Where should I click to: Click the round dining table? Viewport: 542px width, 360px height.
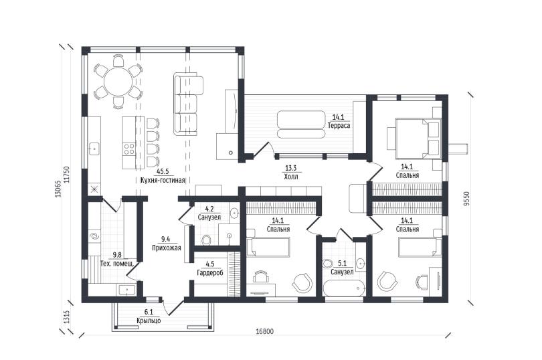pos(118,82)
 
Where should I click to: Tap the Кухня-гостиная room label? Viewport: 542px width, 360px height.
pos(163,180)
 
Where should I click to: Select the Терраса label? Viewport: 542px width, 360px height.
pos(339,126)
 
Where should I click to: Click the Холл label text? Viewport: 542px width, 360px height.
pos(290,177)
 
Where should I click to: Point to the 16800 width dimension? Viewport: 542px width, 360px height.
pos(265,332)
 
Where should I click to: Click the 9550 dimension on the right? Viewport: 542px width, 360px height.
pos(467,199)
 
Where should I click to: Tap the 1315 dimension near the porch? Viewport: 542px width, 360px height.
pos(67,317)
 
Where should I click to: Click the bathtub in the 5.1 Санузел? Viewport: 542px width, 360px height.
pos(344,288)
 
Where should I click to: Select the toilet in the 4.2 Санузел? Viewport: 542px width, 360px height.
pos(206,240)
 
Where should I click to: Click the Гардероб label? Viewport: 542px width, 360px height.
pos(210,273)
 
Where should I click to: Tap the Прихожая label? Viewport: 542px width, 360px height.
pos(167,248)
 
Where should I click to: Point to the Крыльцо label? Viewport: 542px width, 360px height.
pos(149,321)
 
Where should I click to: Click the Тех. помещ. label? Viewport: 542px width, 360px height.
pos(117,264)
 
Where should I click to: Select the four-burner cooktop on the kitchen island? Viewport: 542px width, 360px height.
pos(129,149)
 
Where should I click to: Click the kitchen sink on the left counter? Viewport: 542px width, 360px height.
pos(94,149)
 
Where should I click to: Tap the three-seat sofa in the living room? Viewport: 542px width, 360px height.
pos(189,104)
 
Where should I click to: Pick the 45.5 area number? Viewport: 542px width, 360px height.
pos(163,171)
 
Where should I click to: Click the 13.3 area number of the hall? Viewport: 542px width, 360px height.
pos(290,169)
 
